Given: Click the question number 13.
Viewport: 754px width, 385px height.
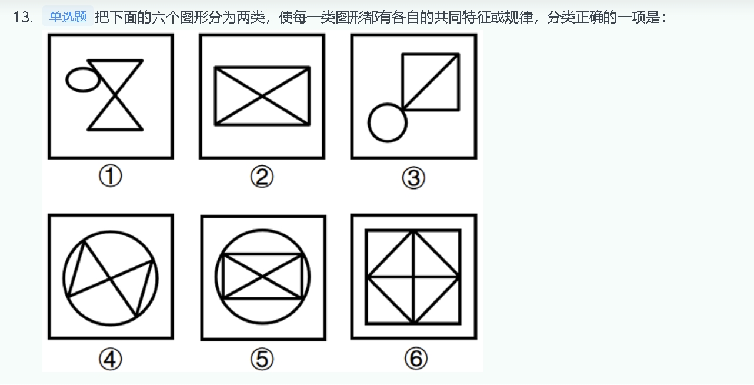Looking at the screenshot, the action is click(x=23, y=17).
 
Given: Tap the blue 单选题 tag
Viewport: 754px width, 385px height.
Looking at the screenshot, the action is click(x=68, y=16).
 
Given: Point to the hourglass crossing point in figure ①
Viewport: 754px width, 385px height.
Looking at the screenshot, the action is click(x=115, y=95).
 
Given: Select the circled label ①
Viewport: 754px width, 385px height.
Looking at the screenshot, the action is click(x=111, y=176).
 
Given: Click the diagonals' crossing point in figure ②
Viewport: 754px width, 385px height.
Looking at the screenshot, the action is click(x=262, y=97).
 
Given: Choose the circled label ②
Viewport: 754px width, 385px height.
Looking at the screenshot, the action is click(x=262, y=177).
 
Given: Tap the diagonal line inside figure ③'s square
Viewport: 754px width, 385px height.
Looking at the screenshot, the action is click(x=431, y=82).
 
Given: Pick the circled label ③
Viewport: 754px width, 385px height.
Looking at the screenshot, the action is click(x=413, y=178).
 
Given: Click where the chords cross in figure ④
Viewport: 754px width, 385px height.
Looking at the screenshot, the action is click(x=111, y=278).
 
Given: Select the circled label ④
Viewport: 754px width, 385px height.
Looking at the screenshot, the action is click(x=111, y=359).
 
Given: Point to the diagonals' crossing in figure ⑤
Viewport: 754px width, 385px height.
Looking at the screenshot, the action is click(x=262, y=277).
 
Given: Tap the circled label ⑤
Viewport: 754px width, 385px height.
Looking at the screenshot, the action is click(x=262, y=359).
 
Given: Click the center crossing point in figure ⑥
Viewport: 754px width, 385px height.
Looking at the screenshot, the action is click(x=413, y=277).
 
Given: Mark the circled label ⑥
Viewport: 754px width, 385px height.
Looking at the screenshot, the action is click(x=416, y=359).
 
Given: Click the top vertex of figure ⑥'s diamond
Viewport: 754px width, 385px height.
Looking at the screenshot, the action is click(x=413, y=231).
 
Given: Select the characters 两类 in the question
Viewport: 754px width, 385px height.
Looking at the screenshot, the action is click(x=251, y=17).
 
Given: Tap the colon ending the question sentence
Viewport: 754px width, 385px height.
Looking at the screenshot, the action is click(x=663, y=18).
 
